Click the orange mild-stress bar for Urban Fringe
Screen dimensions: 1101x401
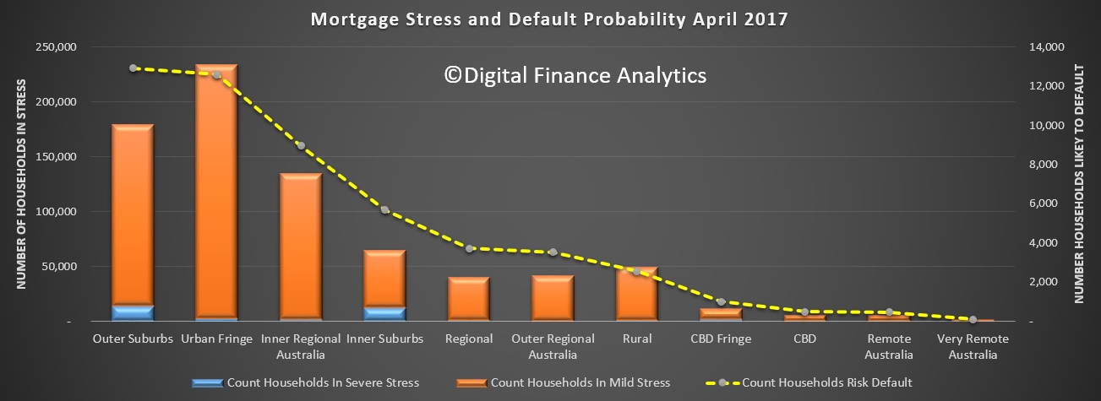[x=216, y=191]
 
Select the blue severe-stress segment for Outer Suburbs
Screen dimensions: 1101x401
[x=133, y=313]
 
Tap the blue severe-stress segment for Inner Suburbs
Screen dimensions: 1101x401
[x=384, y=314]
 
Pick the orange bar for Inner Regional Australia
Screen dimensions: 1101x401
[x=301, y=247]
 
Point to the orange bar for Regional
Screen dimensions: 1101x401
[x=469, y=299]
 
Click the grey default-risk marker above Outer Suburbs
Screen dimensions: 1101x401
[x=133, y=68]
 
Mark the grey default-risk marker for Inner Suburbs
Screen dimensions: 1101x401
[x=384, y=210]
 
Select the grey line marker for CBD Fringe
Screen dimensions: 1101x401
[x=721, y=302]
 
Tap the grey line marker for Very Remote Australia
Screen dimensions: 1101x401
[x=973, y=319]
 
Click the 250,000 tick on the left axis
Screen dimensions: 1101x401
[x=56, y=47]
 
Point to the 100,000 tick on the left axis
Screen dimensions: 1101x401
[x=56, y=212]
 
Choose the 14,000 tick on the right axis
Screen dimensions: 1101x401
[x=1046, y=47]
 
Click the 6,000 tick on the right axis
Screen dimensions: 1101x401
[x=1044, y=203]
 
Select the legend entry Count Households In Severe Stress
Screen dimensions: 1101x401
[x=306, y=382]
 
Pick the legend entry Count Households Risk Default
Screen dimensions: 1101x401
[x=809, y=382]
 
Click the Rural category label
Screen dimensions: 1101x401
[x=637, y=339]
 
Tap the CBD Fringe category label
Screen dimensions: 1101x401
[x=721, y=339]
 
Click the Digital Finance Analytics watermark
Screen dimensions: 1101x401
[x=575, y=76]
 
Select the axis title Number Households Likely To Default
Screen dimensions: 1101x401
[x=1079, y=183]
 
